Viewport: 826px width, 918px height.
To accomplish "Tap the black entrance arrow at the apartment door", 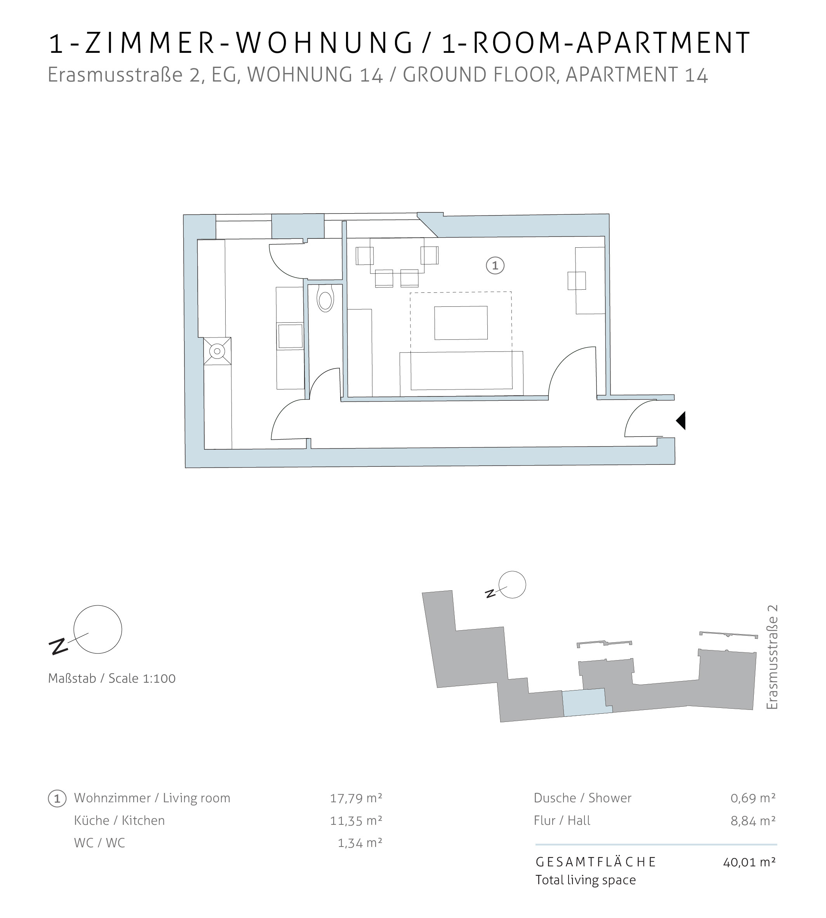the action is (x=681, y=420).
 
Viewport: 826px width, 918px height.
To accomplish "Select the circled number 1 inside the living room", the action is (x=495, y=266).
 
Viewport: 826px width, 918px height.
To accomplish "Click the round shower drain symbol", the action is (x=217, y=351).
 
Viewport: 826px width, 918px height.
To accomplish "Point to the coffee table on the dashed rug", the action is (x=461, y=323).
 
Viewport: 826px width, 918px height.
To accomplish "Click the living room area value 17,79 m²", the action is (x=356, y=797).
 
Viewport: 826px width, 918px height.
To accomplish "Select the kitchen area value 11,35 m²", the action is (x=356, y=820).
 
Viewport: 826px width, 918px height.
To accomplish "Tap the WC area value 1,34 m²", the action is (x=360, y=843).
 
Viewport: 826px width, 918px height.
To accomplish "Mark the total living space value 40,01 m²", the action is (x=749, y=862).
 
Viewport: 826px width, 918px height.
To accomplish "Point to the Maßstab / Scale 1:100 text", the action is (x=111, y=678).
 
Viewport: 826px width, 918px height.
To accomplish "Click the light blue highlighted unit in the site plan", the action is (x=586, y=702).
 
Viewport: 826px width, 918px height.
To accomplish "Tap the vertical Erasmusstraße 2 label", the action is (x=772, y=657).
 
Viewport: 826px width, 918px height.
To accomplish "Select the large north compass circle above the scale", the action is (x=98, y=629).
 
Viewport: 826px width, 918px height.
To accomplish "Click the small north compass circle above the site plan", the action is (x=512, y=584).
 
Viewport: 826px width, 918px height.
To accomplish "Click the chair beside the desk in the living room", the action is (x=576, y=280).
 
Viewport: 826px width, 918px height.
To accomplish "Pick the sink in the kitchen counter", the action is (x=290, y=336).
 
